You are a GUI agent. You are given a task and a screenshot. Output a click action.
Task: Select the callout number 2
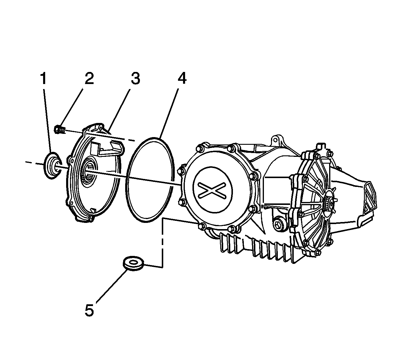click(89, 78)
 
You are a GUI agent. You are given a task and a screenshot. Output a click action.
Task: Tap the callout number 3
click(135, 78)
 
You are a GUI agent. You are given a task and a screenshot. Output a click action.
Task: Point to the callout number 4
click(182, 78)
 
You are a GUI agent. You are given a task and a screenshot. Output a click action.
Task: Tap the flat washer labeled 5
click(133, 262)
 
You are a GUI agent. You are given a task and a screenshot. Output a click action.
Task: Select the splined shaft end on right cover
click(329, 203)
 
